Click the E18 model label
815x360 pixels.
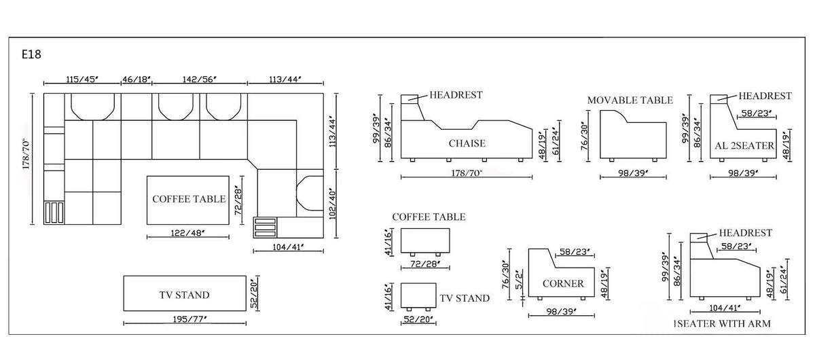(31, 54)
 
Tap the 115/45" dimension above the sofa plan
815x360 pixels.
(82, 79)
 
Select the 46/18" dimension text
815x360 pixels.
(137, 79)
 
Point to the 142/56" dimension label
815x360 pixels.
(200, 79)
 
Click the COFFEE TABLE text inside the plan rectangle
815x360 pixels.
(189, 199)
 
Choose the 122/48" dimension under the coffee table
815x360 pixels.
(187, 232)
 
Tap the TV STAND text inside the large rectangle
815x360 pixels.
(184, 295)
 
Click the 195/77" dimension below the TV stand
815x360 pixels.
(189, 319)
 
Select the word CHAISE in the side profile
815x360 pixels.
(467, 143)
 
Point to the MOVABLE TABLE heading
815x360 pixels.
(630, 100)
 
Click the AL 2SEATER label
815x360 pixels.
(744, 145)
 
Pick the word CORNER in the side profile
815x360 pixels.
(563, 283)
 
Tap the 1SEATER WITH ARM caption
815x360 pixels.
(722, 323)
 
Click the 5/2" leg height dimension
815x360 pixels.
(519, 279)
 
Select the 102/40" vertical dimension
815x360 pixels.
(332, 203)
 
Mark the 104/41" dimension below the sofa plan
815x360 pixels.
(288, 247)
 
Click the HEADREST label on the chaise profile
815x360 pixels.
(456, 95)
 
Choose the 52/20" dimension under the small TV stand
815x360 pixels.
(418, 319)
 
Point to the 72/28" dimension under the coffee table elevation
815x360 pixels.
(425, 264)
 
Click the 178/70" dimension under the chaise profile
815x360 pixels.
(467, 173)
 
